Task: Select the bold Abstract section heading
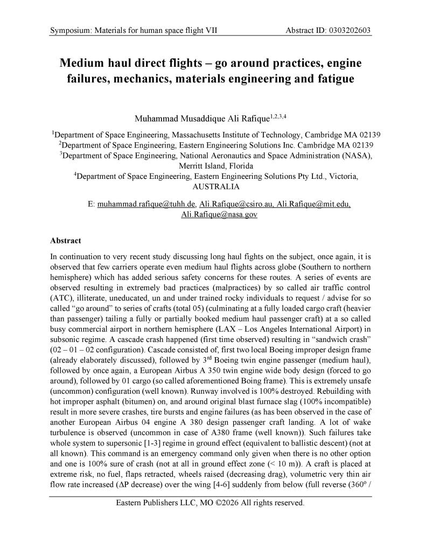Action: point(66,241)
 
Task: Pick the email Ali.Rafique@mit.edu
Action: point(313,205)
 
